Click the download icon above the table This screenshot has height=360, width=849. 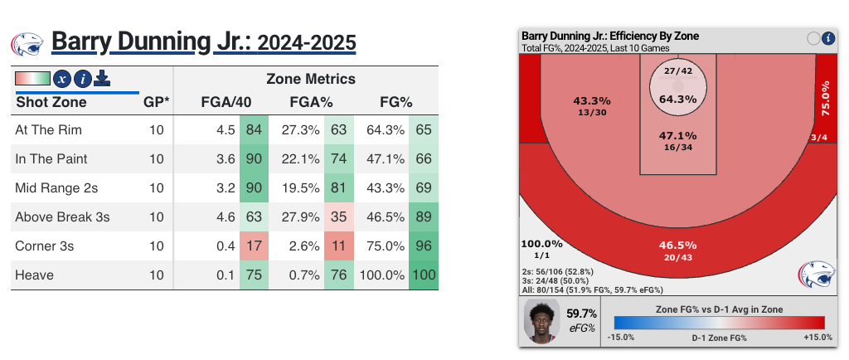pos(102,78)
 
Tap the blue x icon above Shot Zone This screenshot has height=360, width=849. pos(61,79)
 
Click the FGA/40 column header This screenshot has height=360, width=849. pos(226,102)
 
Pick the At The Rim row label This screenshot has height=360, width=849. pos(48,130)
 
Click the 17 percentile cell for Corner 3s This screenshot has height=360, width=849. pos(253,246)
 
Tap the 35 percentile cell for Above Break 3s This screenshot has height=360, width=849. pos(338,217)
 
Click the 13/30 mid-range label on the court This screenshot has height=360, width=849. pos(591,112)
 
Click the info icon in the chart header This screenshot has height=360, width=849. pos(828,37)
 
